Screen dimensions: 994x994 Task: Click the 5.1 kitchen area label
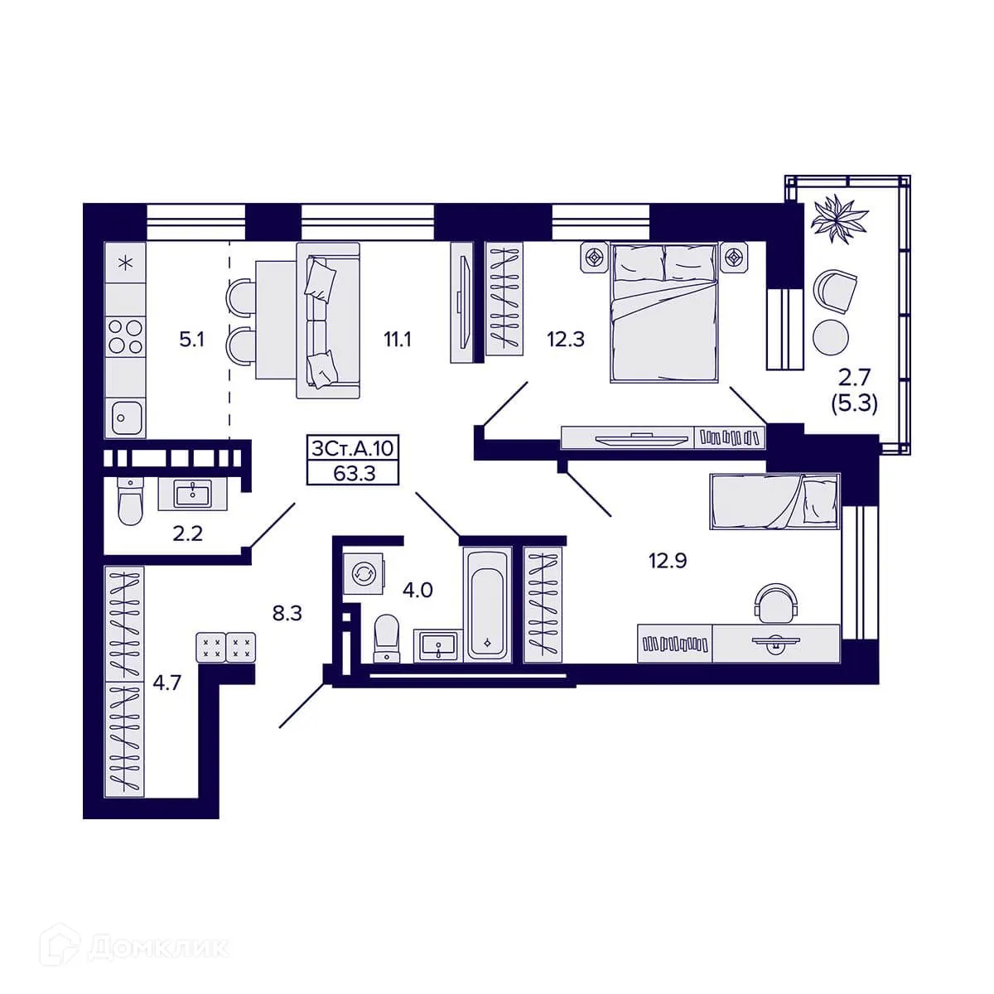[x=192, y=340]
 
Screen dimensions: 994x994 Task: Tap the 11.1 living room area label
[x=397, y=340]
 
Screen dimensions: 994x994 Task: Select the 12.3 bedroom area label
[x=566, y=340]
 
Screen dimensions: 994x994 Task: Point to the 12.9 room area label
[x=668, y=561]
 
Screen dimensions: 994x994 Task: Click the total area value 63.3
[x=354, y=474]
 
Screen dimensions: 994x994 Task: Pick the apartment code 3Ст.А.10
[x=353, y=448]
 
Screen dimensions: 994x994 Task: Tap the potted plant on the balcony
[x=840, y=217]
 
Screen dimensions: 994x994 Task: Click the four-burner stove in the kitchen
[x=125, y=335]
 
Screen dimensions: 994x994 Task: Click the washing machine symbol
[x=364, y=573]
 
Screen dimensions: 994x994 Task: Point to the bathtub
[x=487, y=605]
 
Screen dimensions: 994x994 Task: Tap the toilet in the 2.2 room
[x=129, y=501]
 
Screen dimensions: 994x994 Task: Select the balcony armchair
[x=835, y=292]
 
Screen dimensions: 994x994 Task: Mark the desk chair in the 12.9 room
[x=776, y=603]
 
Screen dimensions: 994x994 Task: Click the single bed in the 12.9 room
[x=774, y=502]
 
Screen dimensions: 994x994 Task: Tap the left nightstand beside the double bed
[x=596, y=256]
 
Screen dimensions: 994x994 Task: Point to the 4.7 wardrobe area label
[x=167, y=683]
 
